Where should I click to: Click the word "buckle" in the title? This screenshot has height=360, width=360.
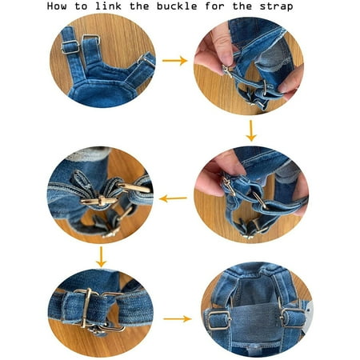[177, 6]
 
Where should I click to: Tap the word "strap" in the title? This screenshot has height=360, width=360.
[276, 6]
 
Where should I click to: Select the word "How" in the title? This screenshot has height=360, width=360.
[57, 6]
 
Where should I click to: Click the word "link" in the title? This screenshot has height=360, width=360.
[109, 6]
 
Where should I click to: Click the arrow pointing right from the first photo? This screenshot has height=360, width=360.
[174, 61]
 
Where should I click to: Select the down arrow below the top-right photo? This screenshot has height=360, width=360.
[251, 130]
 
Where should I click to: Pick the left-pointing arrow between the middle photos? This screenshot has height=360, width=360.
[173, 198]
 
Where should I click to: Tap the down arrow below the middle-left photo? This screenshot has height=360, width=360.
[101, 257]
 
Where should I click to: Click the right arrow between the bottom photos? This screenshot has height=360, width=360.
[178, 318]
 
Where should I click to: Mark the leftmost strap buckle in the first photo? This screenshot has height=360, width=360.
[70, 47]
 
